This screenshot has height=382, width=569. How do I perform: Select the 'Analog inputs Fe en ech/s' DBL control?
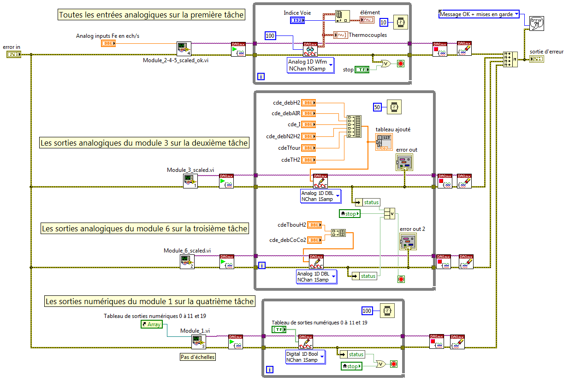(x=107, y=43)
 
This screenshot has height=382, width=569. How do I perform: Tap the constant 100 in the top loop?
(x=271, y=35)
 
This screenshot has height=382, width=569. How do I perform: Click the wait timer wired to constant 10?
(x=401, y=22)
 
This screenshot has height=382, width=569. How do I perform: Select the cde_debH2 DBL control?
(x=308, y=103)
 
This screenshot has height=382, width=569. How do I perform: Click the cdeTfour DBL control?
(x=308, y=148)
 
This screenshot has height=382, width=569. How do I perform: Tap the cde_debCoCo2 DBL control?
(x=314, y=240)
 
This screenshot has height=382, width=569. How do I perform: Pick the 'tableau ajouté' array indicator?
(x=384, y=142)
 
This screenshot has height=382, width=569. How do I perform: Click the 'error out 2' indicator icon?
(x=408, y=241)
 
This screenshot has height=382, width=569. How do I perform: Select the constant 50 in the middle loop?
(x=377, y=107)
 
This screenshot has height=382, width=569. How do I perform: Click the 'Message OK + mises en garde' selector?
(x=479, y=14)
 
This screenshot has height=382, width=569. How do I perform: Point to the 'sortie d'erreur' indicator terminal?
(x=536, y=59)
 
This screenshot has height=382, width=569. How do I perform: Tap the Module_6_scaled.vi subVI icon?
(x=187, y=262)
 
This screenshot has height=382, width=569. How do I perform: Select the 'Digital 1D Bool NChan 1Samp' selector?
(x=305, y=357)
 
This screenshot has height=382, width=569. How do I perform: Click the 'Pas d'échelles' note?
(x=197, y=357)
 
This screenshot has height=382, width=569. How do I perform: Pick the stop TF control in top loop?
(x=362, y=70)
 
